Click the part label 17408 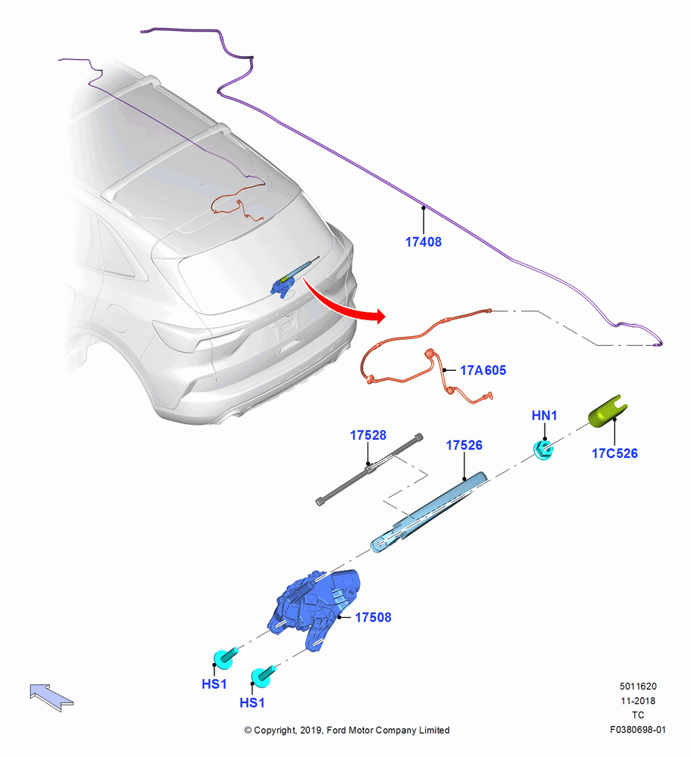[x=424, y=242]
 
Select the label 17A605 [x=483, y=370]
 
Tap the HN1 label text [x=544, y=415]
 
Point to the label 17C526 [x=614, y=453]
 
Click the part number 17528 [x=368, y=435]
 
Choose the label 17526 [x=464, y=445]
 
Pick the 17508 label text [x=373, y=617]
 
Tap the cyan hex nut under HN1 [x=543, y=450]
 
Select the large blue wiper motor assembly [x=314, y=606]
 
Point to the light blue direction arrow [x=52, y=696]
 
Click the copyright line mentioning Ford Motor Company [x=347, y=730]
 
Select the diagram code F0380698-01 [x=637, y=730]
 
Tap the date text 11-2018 [x=638, y=700]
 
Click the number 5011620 [x=638, y=686]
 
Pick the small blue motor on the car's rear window [x=283, y=286]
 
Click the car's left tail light [x=198, y=336]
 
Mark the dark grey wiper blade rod [x=370, y=469]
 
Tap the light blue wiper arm [x=427, y=512]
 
